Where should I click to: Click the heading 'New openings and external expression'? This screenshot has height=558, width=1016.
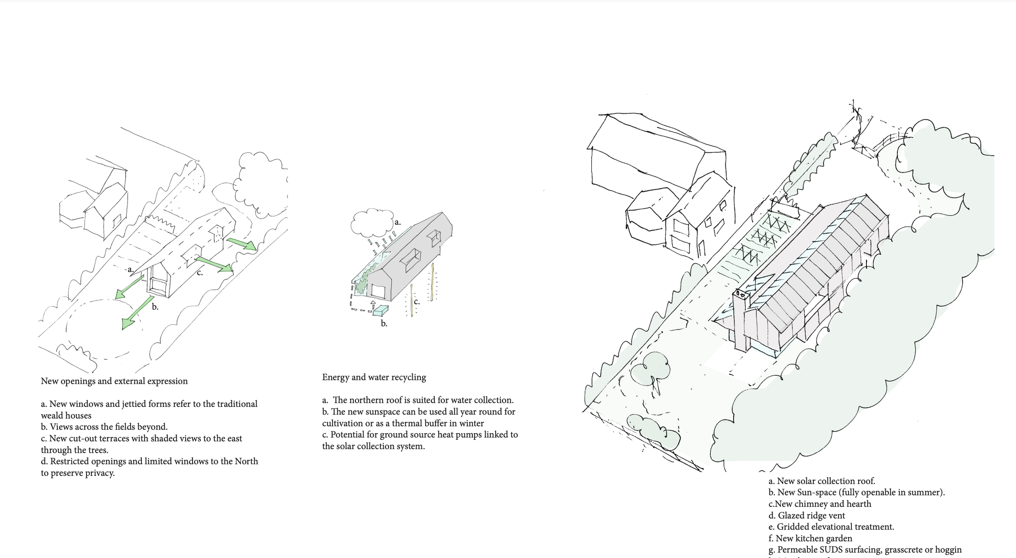pos(114,381)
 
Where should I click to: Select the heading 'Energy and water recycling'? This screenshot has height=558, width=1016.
pos(374,377)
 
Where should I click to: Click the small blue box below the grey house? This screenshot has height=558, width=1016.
pos(380,310)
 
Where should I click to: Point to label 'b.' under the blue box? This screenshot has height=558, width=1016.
pos(384,324)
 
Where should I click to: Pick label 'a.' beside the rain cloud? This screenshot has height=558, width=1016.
pos(397,222)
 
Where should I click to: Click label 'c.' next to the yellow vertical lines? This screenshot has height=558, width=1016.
pos(417,302)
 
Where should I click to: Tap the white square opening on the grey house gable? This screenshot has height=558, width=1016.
pos(378,291)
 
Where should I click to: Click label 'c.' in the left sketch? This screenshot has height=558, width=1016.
pos(200,273)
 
